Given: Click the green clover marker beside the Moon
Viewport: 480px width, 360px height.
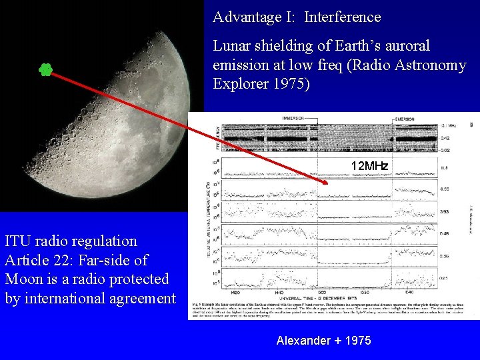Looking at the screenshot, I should pos(45,69).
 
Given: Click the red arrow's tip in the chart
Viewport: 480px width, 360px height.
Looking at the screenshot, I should pos(327,182).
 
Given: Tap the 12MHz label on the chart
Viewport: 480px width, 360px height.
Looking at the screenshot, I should pos(369,165).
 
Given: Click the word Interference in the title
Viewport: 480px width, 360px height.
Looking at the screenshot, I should pos(342,17).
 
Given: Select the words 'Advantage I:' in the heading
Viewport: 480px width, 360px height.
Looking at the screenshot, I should pos(255,17).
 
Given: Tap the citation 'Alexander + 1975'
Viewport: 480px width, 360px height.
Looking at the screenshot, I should pos(323,341).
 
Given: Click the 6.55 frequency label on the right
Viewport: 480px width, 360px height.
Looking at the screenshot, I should pos(445,189).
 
